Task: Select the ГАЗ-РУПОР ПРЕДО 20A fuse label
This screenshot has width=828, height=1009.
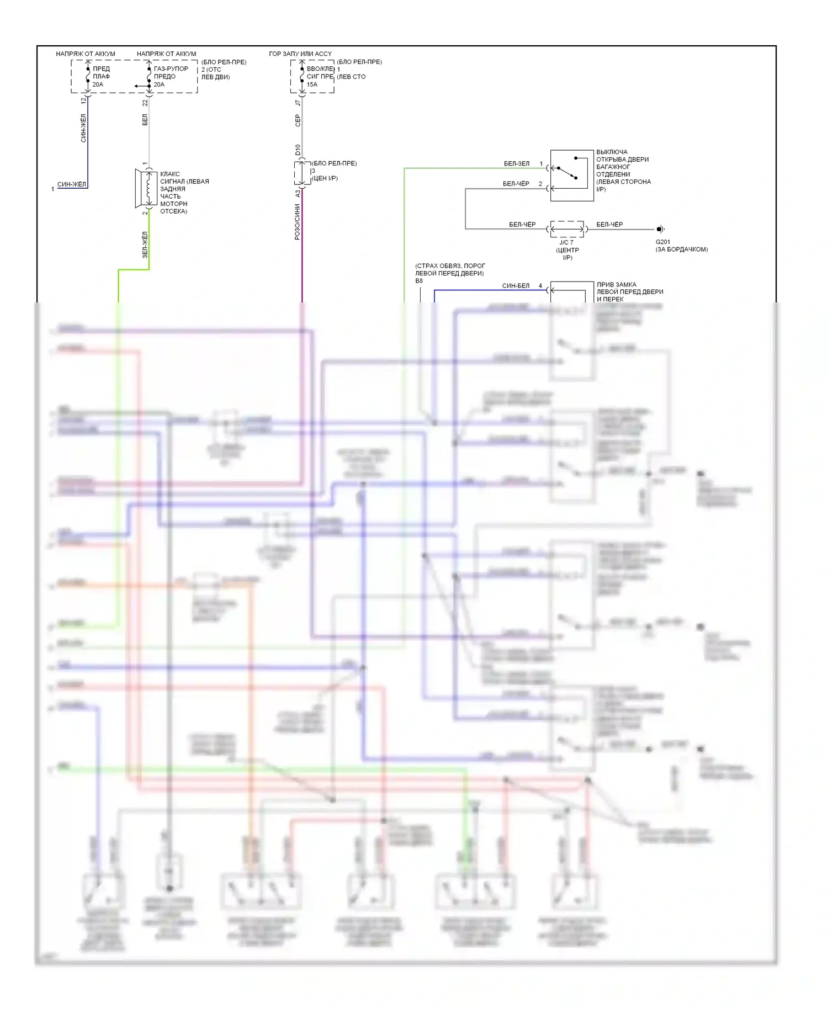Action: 171,76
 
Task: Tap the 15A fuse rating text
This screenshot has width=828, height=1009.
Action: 312,84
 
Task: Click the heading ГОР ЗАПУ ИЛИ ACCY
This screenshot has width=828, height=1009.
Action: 300,54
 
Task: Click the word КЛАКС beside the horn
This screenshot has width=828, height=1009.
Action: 170,174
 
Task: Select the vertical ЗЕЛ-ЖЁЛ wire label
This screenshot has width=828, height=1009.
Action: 145,245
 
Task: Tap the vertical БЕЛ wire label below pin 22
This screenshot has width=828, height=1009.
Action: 145,119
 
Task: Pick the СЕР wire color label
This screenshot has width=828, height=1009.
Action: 298,120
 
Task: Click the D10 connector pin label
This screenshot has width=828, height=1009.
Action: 298,150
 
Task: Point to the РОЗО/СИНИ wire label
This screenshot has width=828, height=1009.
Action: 298,221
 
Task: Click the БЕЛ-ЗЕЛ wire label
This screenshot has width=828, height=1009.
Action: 517,163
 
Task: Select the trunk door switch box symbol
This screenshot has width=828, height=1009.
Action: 572,175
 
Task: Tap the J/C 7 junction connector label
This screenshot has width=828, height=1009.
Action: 566,242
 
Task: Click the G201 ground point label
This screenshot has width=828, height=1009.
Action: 662,242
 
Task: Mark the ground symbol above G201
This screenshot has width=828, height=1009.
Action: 660,229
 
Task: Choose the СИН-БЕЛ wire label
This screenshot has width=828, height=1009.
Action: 516,285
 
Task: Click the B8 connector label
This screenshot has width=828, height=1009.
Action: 419,281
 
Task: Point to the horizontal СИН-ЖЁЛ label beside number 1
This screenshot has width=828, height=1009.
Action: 72,184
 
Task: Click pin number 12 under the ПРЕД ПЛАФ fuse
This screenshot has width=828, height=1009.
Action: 83,101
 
